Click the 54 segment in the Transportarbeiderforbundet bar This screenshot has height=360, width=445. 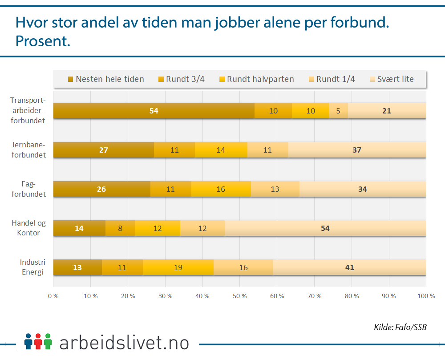click(154, 111)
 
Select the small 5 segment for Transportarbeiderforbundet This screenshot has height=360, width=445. click(338, 111)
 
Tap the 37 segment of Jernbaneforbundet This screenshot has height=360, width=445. click(356, 150)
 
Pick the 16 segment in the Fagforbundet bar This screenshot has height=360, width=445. click(221, 189)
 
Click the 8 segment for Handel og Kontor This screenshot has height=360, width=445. click(120, 228)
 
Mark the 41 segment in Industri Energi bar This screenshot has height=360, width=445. click(350, 267)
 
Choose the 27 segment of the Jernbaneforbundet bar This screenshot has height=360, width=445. click(104, 150)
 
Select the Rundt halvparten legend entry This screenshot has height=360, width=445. click(256, 79)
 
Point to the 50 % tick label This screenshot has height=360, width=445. click(239, 296)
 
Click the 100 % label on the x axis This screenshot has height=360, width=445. click(426, 296)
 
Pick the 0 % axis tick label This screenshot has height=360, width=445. click(53, 296)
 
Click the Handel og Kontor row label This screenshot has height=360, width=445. click(29, 228)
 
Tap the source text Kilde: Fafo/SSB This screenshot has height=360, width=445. click(400, 328)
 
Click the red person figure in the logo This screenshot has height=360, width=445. click(38, 341)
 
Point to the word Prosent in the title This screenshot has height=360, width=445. click(43, 41)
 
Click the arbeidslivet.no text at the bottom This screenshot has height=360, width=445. click(124, 343)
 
